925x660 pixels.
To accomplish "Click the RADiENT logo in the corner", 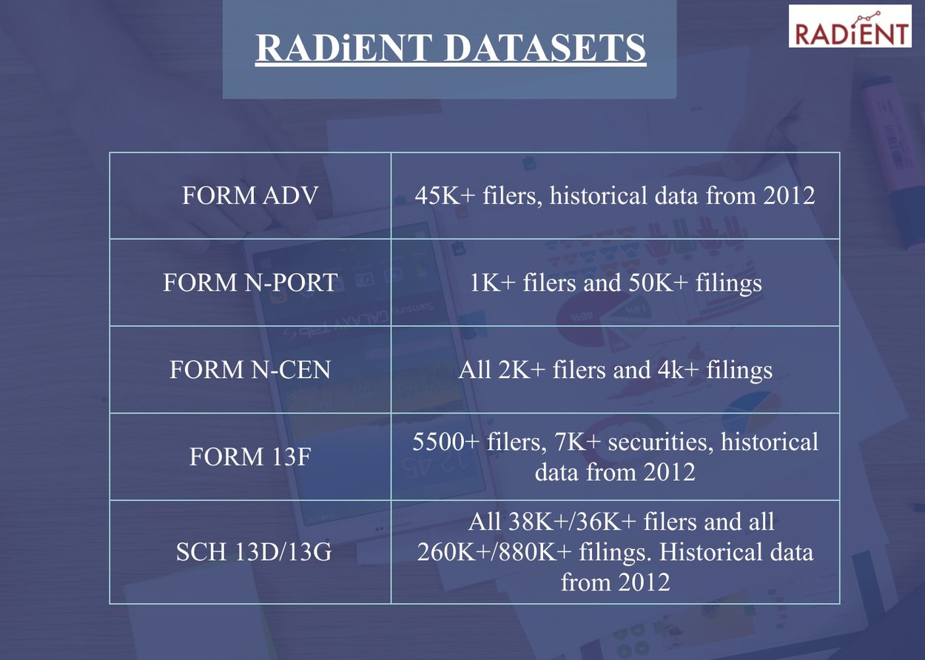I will (850, 27).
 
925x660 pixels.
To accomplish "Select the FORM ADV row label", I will (250, 196).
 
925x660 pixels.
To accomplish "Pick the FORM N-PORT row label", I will (250, 283).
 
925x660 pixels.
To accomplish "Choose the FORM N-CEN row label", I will (250, 370).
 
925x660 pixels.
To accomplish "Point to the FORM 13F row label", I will (250, 457).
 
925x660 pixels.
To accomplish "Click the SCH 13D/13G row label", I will (250, 553).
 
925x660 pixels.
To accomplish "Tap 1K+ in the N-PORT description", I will (494, 283).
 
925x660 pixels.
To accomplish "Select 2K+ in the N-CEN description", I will (522, 370).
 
